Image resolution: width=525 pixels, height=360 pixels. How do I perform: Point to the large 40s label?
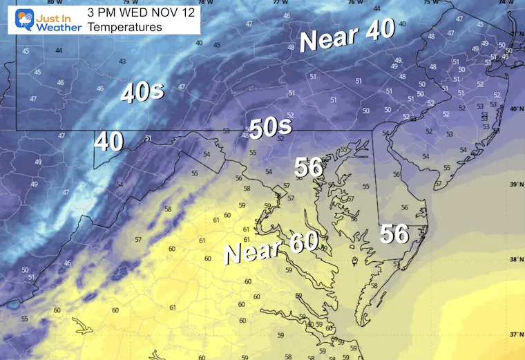142,92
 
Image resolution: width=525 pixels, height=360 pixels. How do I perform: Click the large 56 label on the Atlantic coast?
394,234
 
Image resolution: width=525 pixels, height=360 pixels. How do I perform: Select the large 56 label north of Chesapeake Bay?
309,167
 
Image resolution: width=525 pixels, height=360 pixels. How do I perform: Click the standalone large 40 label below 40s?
109,142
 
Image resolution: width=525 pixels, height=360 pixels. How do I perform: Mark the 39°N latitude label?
515,184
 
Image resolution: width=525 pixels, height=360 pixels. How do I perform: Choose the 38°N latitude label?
515,260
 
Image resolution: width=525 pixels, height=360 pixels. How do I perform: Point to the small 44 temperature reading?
59,50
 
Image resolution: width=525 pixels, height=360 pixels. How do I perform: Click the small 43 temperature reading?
122,61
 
